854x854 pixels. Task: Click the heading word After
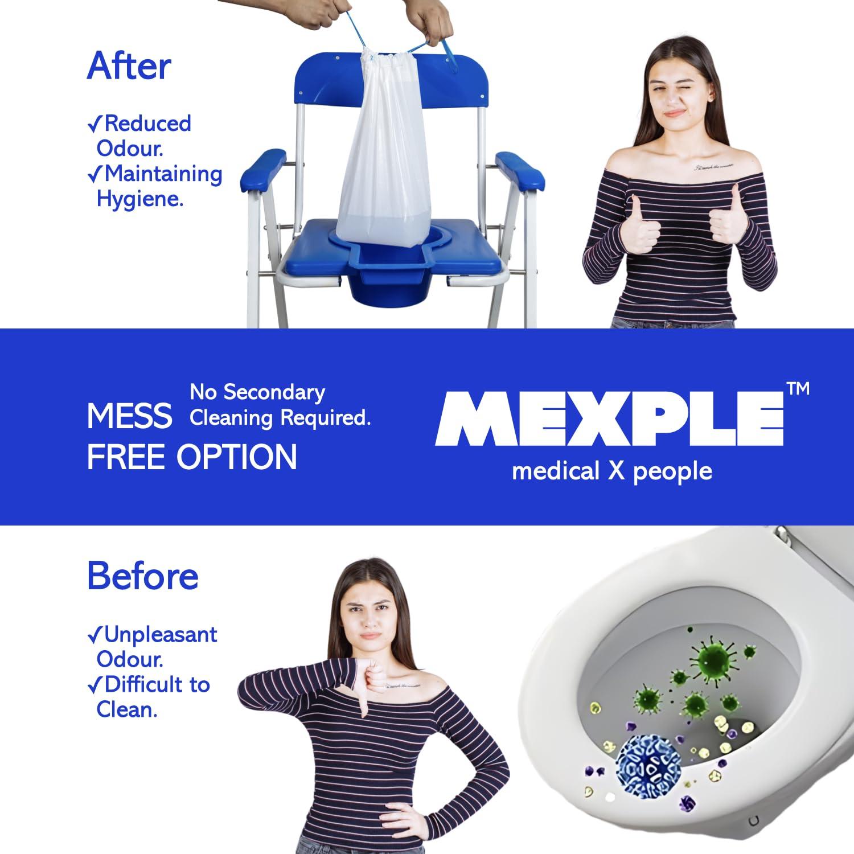pos(129,67)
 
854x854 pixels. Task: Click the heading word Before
pos(142,576)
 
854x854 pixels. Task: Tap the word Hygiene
pos(140,199)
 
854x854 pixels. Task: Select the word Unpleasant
pos(161,634)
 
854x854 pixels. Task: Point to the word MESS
pos(129,416)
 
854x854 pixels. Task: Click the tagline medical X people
pos(611,471)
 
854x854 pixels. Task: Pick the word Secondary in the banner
pos(274,392)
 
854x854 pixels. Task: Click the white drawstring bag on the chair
pos(377,171)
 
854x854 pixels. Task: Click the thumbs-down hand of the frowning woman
pos(372,681)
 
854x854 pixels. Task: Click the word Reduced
pos(147,124)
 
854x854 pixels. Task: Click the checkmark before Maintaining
pos(95,174)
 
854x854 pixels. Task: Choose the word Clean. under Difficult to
pos(126,709)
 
